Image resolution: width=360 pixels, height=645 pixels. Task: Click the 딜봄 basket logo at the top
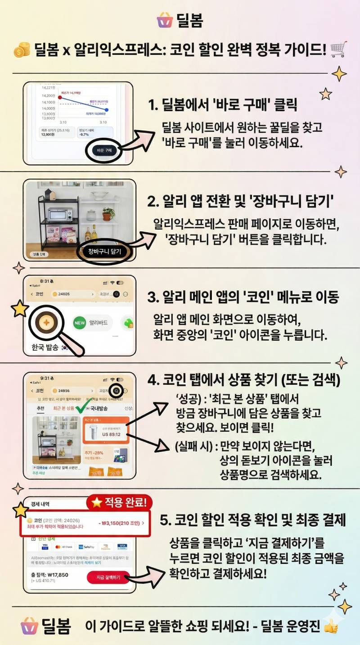coord(165,20)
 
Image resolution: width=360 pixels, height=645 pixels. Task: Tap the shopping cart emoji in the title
coord(338,50)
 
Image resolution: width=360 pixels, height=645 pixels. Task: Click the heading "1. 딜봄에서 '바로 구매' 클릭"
coord(223,106)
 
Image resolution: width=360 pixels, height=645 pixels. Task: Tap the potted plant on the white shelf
coord(108,214)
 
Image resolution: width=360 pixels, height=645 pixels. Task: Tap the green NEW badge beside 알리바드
coord(80,322)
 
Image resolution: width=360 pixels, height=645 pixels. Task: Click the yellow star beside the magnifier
coord(20,310)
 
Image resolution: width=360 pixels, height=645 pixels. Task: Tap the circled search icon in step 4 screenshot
coord(117,391)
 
